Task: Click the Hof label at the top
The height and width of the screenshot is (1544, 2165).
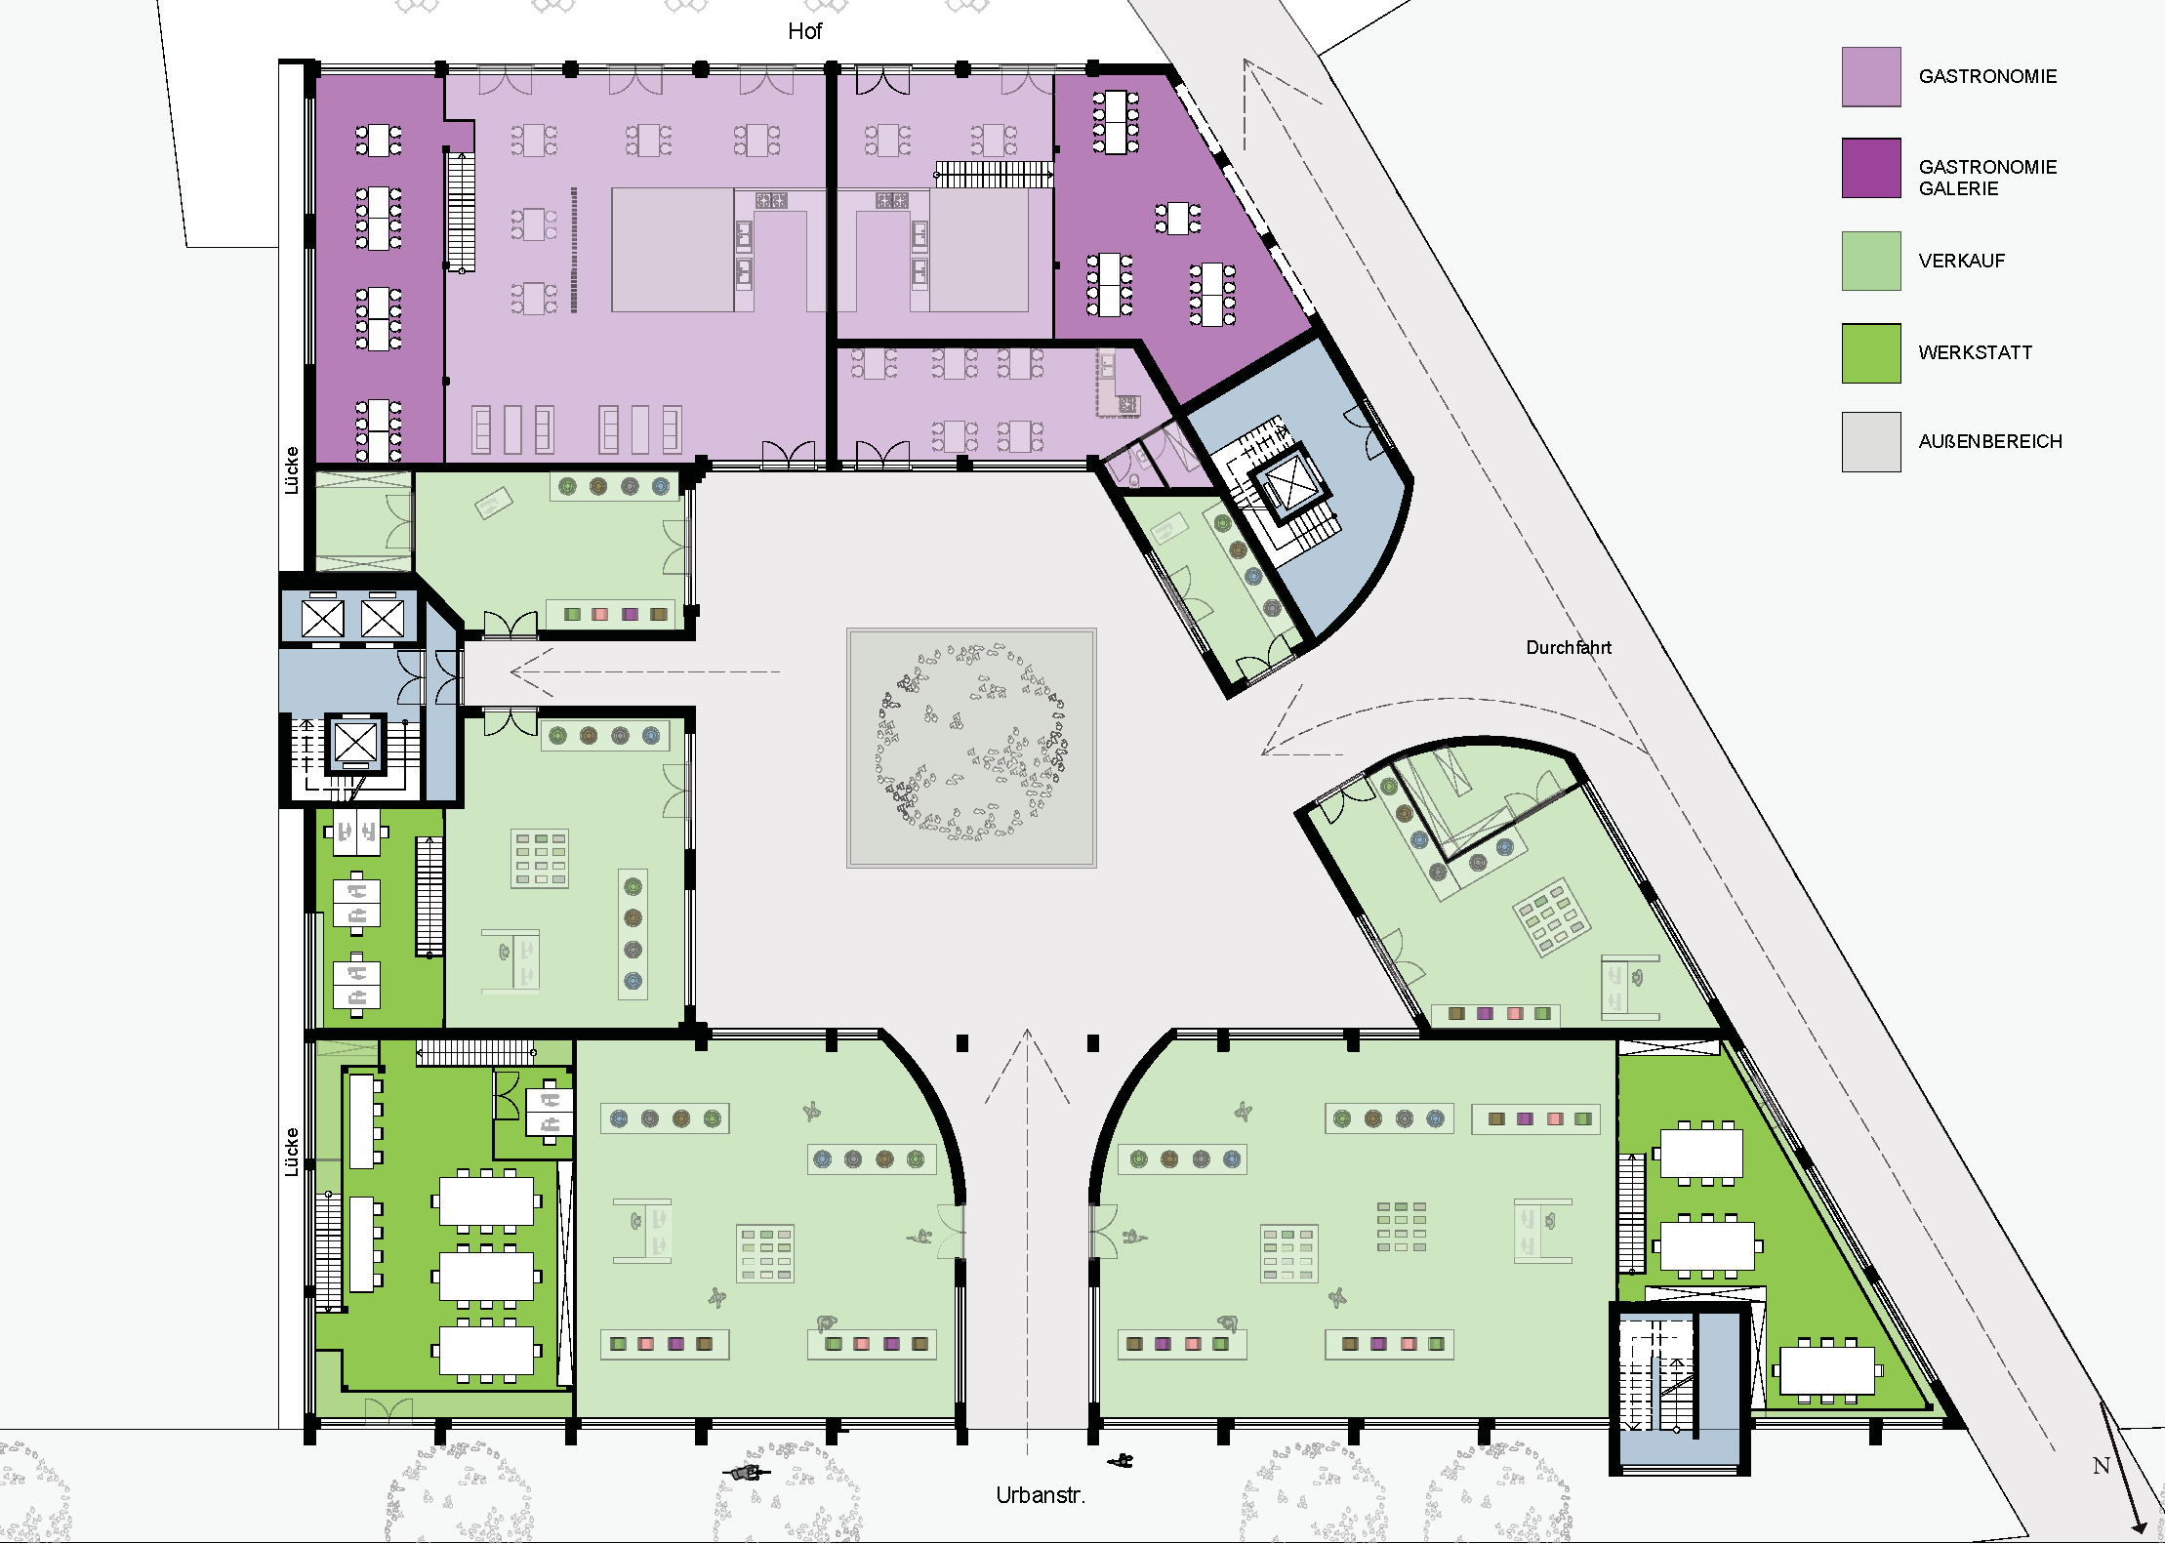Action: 804,31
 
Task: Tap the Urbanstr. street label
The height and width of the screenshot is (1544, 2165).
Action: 1041,1495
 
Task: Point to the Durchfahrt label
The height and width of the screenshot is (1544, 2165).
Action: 1569,647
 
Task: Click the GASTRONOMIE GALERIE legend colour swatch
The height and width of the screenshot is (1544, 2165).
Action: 1871,168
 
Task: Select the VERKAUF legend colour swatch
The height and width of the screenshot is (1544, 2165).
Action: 1871,261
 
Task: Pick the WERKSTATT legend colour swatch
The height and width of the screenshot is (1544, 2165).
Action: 1871,353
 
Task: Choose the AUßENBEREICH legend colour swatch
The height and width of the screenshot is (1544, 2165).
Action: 1871,442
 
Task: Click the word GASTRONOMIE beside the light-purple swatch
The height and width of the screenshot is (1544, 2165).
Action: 1987,76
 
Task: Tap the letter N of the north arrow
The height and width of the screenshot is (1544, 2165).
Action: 2102,1466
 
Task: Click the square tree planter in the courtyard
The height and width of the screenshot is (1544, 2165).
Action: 971,748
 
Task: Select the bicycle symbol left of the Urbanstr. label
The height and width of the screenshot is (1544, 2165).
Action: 747,1472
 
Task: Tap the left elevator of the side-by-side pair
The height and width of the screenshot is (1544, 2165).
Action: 322,618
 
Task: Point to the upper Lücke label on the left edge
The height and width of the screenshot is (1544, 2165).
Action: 291,470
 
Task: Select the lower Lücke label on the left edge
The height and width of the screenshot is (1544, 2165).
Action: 291,1152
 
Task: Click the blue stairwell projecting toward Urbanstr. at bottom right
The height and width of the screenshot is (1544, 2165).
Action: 1679,1387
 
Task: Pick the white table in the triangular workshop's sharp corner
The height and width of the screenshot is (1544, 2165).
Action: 1826,1370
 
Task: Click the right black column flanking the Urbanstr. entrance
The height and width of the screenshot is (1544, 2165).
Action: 1093,1043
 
